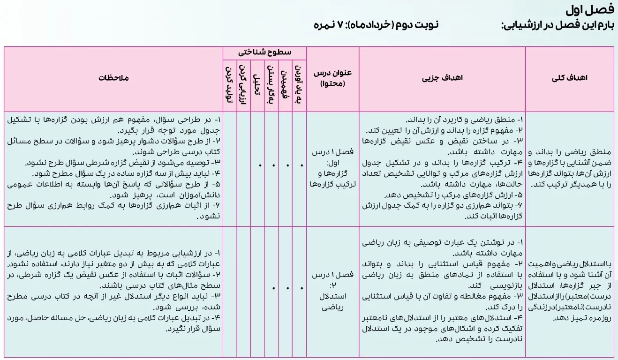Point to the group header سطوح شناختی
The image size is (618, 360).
click(x=264, y=52)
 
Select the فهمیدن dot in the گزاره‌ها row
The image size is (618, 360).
click(x=287, y=165)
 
